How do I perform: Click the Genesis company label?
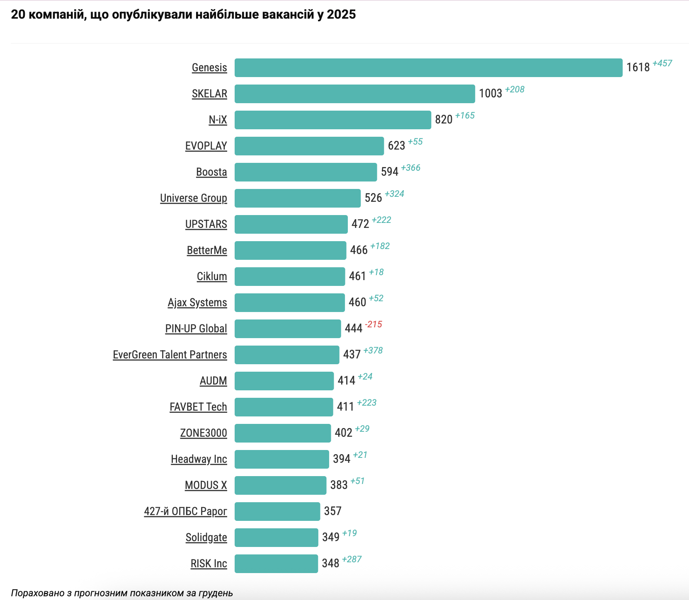tap(209, 68)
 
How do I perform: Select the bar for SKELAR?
tap(354, 94)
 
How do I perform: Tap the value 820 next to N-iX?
tap(443, 120)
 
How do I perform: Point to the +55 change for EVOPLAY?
tap(415, 142)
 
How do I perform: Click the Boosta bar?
tap(306, 172)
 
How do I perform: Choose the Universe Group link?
tap(194, 198)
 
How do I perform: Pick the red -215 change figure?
tap(373, 324)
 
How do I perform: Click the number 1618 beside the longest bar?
tap(638, 68)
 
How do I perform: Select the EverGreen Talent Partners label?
tap(170, 355)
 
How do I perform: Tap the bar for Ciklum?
tap(289, 277)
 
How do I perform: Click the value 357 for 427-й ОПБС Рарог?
tap(332, 511)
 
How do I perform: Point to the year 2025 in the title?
tap(341, 15)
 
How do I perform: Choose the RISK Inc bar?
tap(276, 564)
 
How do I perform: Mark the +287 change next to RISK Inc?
tap(352, 559)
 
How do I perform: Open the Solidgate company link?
tap(206, 537)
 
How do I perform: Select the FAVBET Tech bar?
tap(284, 407)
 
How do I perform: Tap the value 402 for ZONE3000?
tap(343, 433)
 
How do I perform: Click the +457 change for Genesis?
tap(662, 63)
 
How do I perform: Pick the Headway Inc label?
tap(199, 459)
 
